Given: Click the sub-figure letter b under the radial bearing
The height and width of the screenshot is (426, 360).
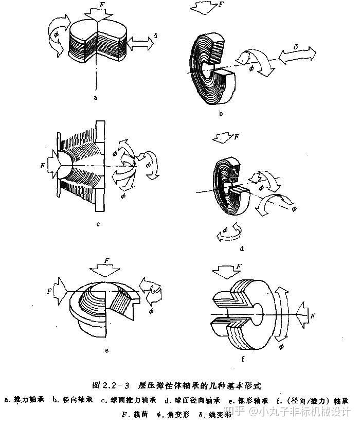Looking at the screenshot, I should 220,114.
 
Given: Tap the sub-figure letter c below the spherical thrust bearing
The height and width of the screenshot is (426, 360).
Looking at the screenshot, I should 97,224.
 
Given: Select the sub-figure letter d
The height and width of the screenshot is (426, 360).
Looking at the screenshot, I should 241,249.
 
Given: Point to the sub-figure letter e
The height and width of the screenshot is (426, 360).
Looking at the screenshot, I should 106,351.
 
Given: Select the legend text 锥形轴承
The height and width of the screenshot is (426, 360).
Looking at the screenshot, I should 253,400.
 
